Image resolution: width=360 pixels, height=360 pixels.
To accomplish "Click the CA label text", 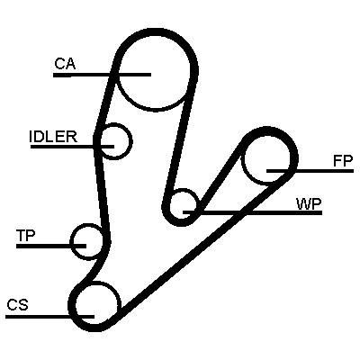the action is click(x=65, y=64).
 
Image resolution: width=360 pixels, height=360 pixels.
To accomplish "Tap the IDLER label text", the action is click(x=53, y=137).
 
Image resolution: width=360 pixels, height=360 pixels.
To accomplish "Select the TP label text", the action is click(x=26, y=236).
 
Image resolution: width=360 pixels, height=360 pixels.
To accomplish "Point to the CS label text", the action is click(x=18, y=305).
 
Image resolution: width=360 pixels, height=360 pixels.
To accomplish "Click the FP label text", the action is click(x=343, y=161).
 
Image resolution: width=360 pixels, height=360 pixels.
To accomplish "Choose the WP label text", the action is click(x=309, y=204).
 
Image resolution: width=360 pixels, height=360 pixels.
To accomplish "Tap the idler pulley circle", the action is click(x=131, y=141).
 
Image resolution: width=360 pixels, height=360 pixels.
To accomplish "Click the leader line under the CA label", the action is click(x=102, y=75).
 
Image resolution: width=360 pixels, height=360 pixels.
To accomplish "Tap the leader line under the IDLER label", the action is click(x=72, y=147).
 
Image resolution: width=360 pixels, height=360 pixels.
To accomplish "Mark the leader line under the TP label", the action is click(x=51, y=246).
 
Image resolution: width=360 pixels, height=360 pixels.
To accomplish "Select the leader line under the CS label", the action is click(x=49, y=316).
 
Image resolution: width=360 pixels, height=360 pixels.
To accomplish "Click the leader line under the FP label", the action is click(x=310, y=171).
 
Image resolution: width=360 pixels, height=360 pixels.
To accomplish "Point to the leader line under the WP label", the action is click(x=253, y=212).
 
